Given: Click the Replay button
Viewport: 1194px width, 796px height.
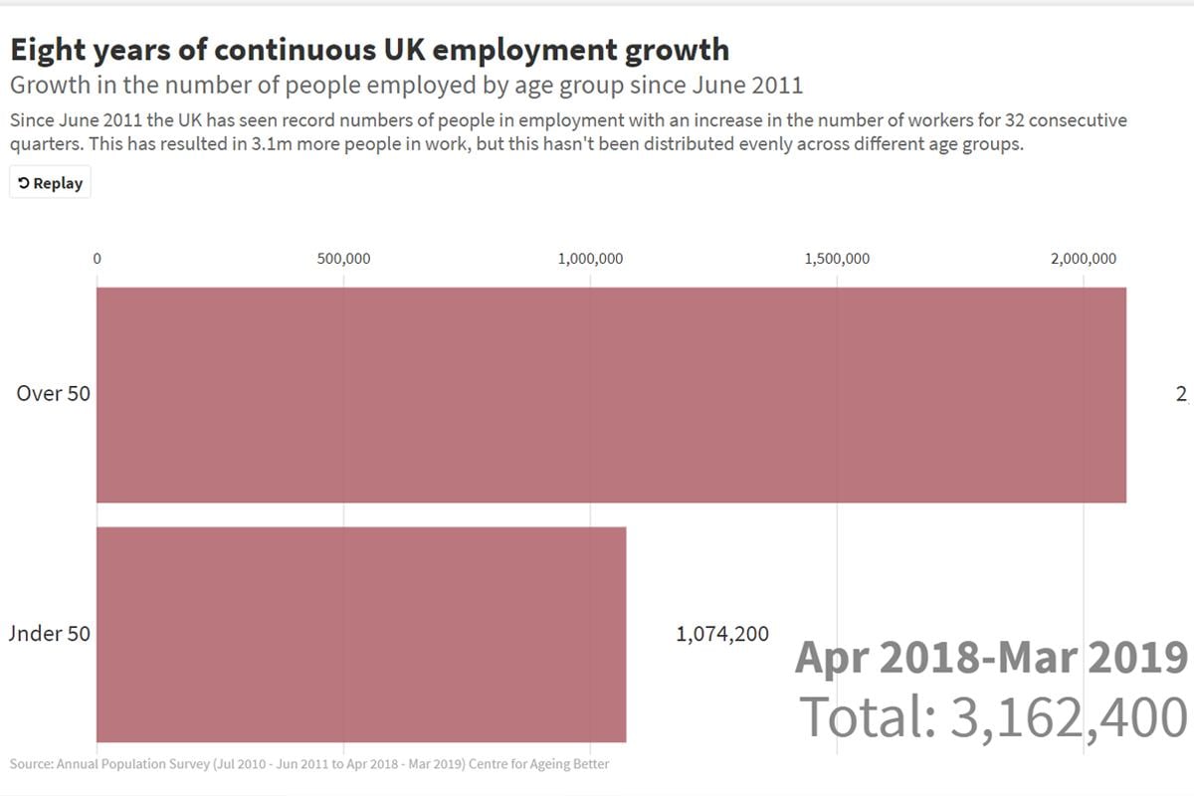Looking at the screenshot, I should point(50,183).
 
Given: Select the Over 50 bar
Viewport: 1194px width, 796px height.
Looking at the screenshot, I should point(611,395).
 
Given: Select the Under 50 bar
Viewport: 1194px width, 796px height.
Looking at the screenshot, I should point(361,634).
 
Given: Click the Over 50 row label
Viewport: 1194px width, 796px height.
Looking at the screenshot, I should point(53,393).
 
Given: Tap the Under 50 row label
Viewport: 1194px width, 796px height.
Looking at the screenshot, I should point(49,633).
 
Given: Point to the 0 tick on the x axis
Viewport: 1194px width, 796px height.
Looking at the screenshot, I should point(97,259).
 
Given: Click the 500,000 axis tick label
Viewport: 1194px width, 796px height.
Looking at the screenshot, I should point(343,259).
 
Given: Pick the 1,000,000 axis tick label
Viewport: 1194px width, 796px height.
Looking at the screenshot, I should point(591,259).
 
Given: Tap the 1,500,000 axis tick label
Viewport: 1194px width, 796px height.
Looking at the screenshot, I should point(837,259).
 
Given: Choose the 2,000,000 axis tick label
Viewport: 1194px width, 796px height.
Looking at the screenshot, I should point(1084,259).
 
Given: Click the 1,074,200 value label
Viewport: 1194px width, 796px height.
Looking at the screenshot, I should point(722,634).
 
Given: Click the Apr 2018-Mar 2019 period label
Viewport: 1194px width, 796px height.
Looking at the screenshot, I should point(991,658).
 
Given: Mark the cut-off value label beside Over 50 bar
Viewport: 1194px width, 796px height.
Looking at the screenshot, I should point(1182,394).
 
